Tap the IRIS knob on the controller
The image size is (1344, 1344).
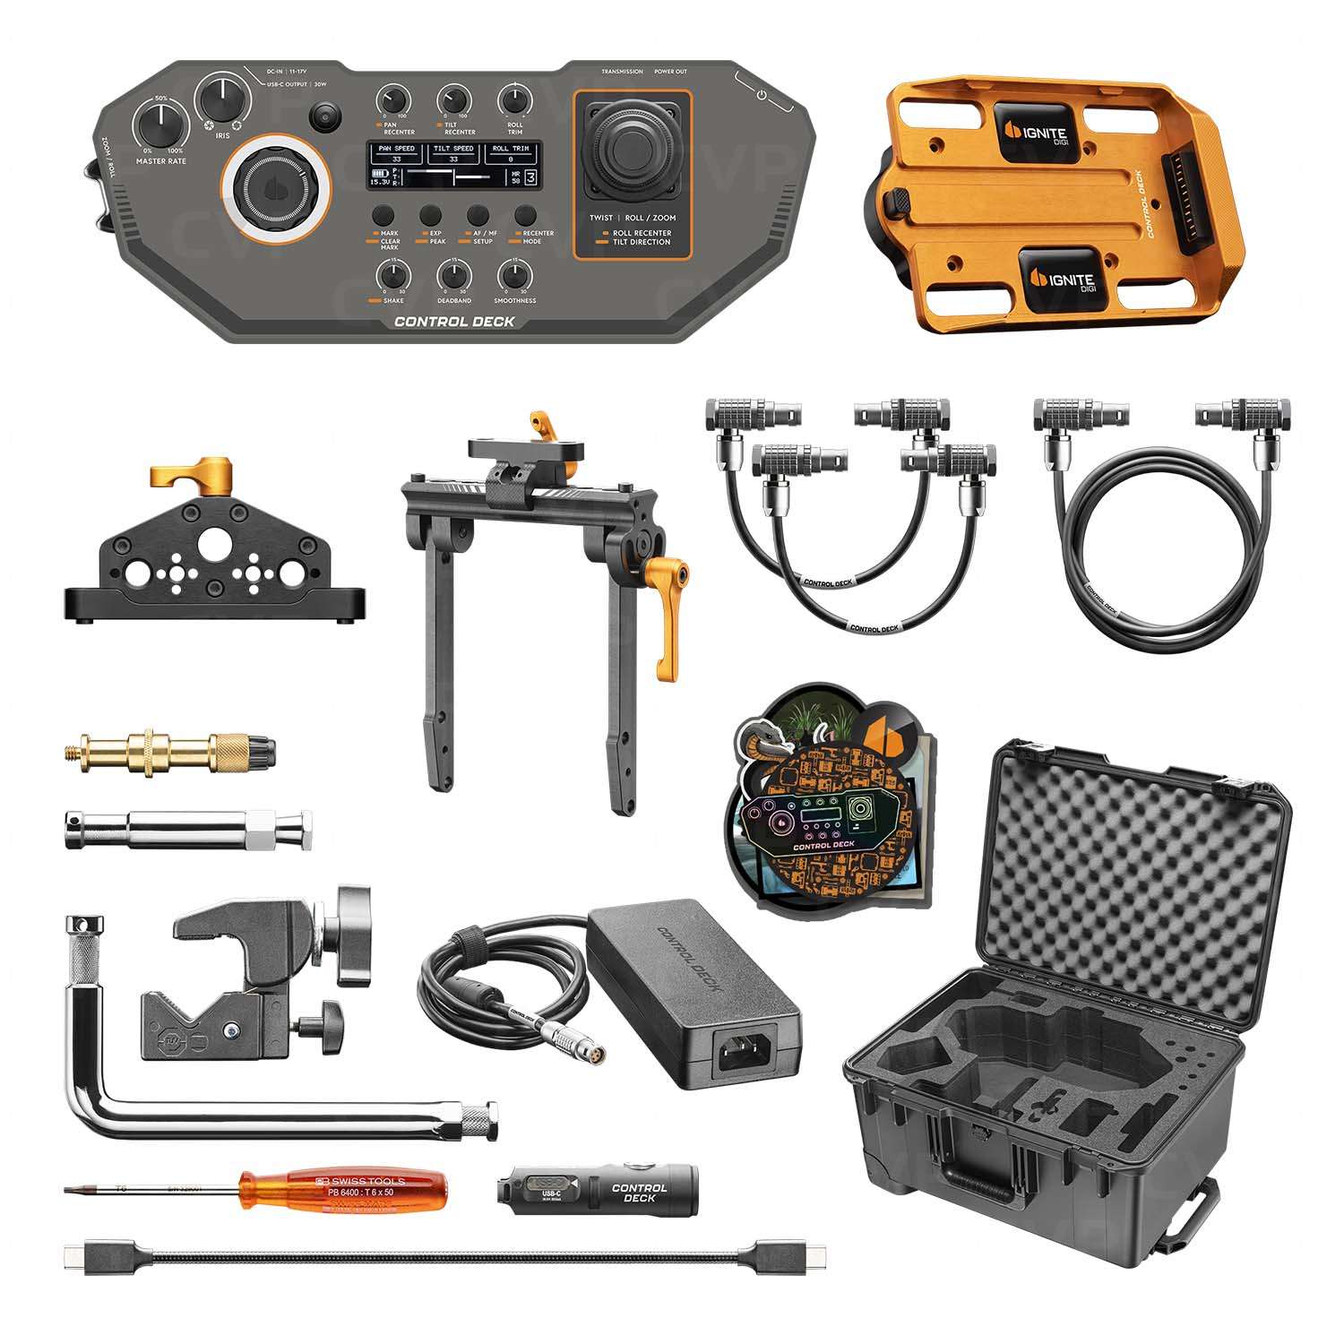(222, 98)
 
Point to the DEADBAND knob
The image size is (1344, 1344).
(454, 275)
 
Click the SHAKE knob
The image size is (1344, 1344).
(393, 275)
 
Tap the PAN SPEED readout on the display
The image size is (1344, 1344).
(396, 154)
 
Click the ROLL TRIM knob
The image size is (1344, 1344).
(514, 99)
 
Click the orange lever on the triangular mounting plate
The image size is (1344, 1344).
(192, 476)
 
